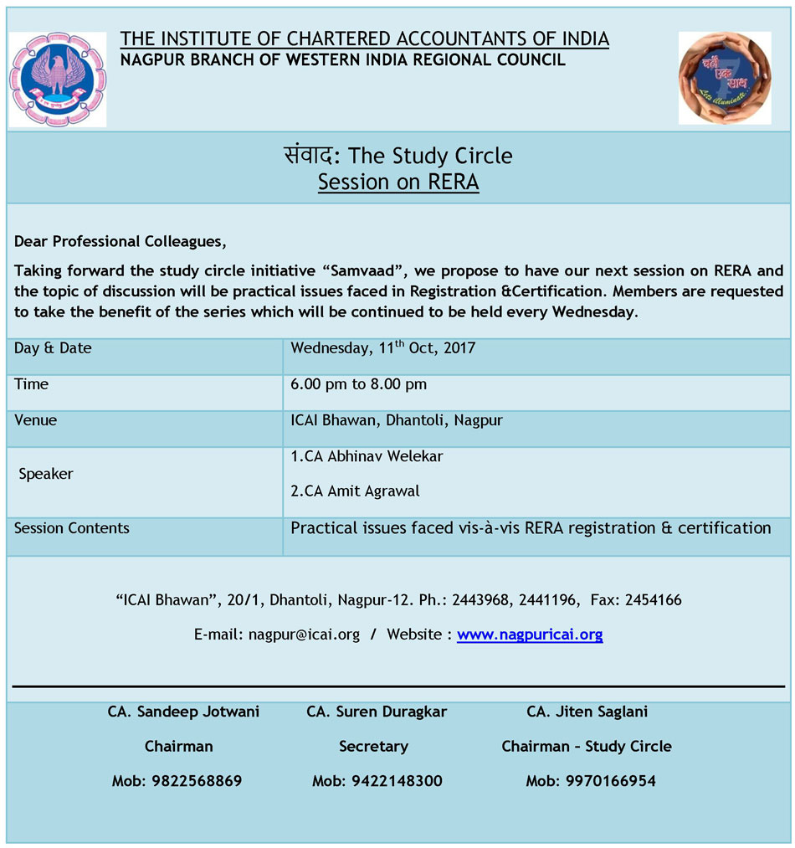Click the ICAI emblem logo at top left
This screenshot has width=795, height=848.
[57, 80]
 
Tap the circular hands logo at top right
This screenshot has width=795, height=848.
[724, 78]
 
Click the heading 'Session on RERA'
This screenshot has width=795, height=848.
[398, 182]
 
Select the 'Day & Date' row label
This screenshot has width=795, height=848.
[53, 348]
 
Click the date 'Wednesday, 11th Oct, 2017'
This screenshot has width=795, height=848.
[382, 348]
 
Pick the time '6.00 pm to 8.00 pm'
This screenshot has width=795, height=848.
[358, 384]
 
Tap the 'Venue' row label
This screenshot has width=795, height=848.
[35, 420]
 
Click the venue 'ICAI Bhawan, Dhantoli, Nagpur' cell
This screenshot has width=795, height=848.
[397, 420]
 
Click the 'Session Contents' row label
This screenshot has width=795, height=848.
[72, 528]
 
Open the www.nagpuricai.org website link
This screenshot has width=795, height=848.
[530, 635]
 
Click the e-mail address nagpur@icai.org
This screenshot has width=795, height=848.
[304, 635]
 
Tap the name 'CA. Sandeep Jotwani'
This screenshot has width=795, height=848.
[183, 712]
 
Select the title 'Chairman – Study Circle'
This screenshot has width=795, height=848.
[587, 746]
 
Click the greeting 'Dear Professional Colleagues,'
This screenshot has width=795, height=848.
[120, 242]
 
